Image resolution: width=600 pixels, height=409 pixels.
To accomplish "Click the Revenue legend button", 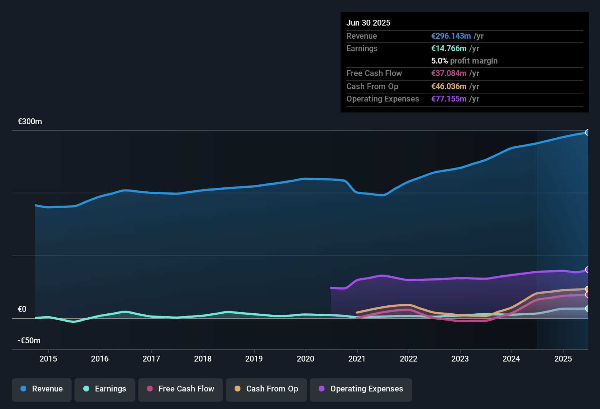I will (x=42, y=389).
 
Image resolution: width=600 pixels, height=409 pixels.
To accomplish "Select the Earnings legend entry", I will (x=105, y=389).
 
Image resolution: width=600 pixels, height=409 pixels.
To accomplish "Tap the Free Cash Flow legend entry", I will (x=181, y=389).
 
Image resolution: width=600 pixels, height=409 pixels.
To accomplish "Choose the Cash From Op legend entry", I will (x=266, y=389).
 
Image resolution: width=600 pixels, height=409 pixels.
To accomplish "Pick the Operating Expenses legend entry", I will (x=361, y=389).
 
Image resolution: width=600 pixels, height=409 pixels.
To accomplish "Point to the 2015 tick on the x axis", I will (x=48, y=359).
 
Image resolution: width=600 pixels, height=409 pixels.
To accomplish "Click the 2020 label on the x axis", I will (x=305, y=359).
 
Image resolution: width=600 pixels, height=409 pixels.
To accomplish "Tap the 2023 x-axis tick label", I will (x=460, y=359).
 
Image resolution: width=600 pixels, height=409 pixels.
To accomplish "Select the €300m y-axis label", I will (x=30, y=122).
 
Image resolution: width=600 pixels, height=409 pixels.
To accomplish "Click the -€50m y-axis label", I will (x=29, y=341).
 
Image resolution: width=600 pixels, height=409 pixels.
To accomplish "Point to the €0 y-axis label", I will (x=22, y=309).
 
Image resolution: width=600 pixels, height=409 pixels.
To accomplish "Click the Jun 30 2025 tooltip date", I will (x=368, y=23).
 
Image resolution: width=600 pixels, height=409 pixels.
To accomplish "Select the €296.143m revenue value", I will (x=451, y=36).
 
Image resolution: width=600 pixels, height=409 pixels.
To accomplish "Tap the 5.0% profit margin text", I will (x=464, y=61).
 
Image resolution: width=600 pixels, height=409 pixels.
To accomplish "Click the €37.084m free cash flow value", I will (x=449, y=73).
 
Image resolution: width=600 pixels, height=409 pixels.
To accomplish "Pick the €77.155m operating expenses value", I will (x=449, y=99).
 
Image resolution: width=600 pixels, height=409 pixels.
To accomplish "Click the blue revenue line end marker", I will (x=587, y=133).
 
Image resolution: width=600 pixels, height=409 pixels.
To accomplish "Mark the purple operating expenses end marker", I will (x=587, y=270).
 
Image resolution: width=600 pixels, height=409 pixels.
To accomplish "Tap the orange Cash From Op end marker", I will (x=587, y=289).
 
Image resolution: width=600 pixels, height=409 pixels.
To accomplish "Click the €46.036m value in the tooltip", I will (x=449, y=87).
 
